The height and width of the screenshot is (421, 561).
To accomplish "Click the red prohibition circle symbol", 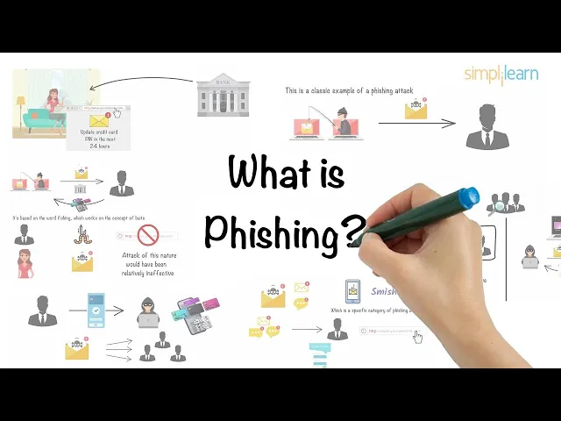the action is pos(147,234).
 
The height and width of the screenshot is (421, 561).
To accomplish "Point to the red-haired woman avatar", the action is pos(25,263).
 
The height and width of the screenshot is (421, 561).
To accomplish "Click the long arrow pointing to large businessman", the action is pos(416,124).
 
